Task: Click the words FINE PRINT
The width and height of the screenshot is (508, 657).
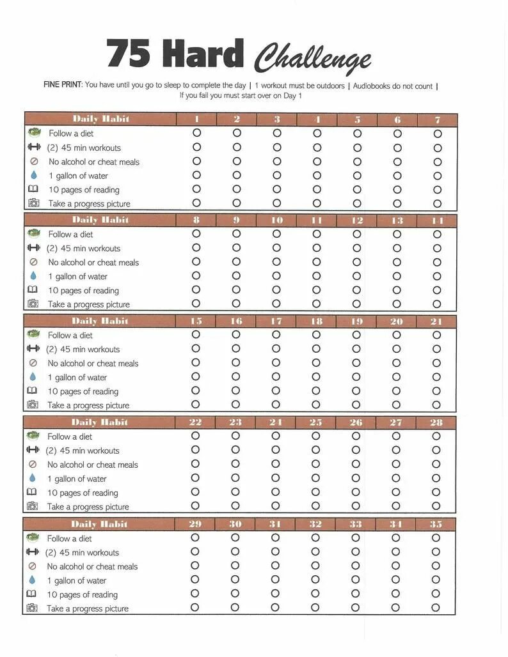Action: pos(63,85)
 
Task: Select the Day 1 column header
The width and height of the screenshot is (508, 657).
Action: pos(196,120)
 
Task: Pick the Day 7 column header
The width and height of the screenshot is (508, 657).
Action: pos(438,120)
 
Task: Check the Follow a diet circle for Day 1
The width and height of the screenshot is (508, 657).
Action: pos(196,133)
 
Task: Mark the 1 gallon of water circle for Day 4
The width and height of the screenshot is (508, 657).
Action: pos(317,175)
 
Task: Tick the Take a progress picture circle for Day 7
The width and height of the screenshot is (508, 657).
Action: pos(438,204)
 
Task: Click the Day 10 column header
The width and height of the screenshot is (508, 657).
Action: pos(276,220)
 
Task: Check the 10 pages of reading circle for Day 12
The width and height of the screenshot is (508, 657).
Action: pos(357,290)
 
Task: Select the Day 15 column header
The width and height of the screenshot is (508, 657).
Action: pos(196,321)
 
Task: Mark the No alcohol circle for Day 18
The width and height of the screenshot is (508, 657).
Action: pos(316,363)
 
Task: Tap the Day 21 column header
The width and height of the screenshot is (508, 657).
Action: pos(436,321)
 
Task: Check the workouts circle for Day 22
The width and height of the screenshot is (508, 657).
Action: pos(195,450)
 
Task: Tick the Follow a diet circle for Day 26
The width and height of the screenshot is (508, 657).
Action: pos(356,436)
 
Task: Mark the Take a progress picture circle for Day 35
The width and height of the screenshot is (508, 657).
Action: pos(436,608)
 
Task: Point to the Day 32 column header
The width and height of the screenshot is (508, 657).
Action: pos(315,524)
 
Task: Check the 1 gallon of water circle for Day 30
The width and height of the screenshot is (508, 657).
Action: pos(235,580)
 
